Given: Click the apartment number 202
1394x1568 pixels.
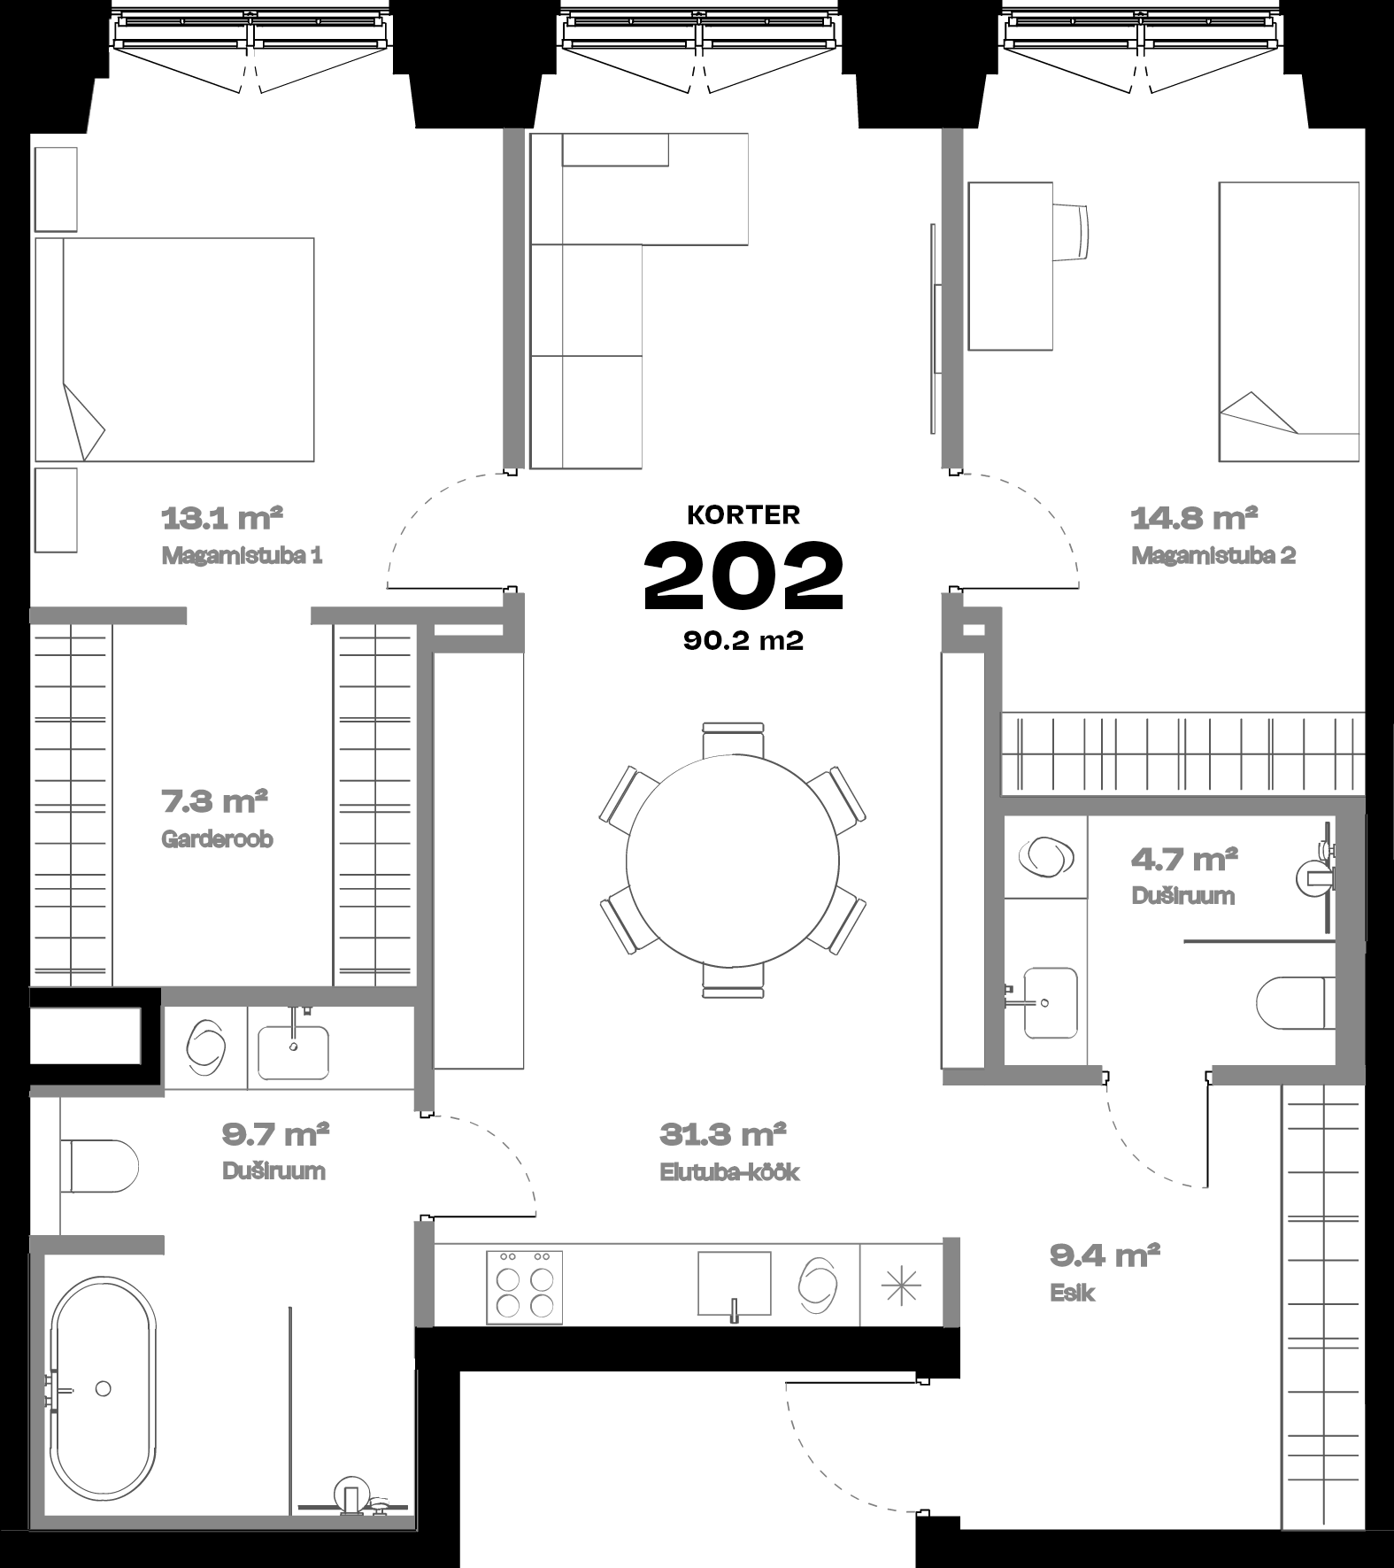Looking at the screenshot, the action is coord(743,576).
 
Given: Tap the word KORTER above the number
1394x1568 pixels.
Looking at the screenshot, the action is coord(743,514).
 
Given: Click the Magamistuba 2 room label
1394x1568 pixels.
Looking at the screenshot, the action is coord(1213,556).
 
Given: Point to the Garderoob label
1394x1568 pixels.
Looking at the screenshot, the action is coord(217,838).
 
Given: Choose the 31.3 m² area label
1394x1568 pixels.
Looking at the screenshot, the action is coord(723,1133).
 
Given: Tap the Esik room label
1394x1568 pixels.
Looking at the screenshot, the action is coord(1073,1293).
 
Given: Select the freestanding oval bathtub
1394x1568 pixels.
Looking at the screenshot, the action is coord(103,1389).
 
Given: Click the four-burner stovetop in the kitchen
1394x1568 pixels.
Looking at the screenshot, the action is coord(524,1287).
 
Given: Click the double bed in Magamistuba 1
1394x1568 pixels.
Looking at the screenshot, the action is coord(174,349).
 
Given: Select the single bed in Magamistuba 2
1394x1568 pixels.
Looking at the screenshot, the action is coord(1289,321).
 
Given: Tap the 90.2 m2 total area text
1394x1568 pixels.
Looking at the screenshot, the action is coord(743,641).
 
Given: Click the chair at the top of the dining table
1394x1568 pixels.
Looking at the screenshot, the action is coord(733,739).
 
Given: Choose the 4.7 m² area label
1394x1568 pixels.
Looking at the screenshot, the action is coord(1184,858).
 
